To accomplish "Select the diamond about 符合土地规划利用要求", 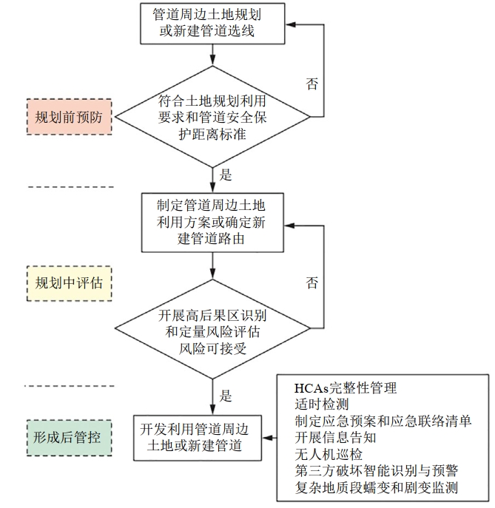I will [x=212, y=116].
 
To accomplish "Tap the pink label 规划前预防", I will [x=69, y=116].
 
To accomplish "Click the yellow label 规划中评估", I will [x=69, y=282].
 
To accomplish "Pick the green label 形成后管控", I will [x=69, y=437].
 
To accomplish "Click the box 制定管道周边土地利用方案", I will [x=212, y=221].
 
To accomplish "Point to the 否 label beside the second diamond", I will [x=312, y=283].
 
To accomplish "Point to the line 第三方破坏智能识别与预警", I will [x=374, y=470].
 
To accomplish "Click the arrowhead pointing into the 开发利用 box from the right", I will [x=268, y=437].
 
